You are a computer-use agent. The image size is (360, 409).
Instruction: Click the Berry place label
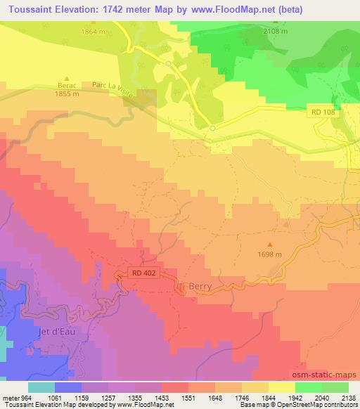200,287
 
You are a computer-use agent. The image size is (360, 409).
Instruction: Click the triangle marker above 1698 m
270,245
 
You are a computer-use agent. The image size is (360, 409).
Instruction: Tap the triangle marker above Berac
67,77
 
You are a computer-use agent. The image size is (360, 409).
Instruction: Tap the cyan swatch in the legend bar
41,387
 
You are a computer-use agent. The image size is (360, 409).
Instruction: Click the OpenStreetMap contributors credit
309,405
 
